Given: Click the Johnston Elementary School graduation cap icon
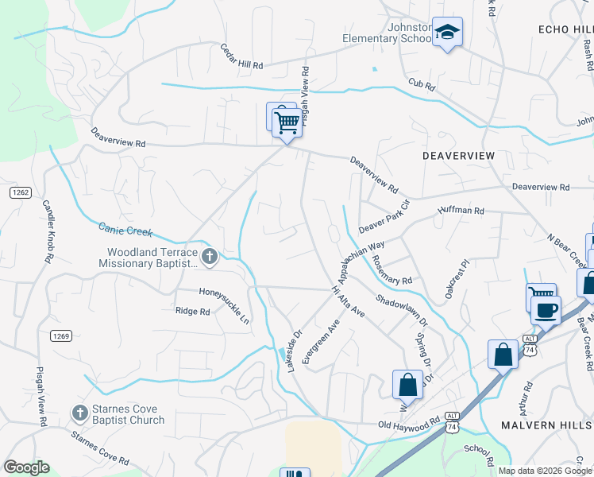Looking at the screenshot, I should click(447, 33).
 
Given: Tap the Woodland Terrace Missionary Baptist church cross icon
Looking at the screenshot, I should click(210, 256).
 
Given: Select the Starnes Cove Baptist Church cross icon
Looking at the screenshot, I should click(79, 413).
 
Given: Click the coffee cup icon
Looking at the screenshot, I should click(545, 309).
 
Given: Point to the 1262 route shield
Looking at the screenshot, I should click(21, 192).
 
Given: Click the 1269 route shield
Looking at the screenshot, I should click(61, 336).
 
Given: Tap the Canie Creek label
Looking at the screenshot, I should click(125, 230).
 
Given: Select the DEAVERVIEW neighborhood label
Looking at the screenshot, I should click(458, 155).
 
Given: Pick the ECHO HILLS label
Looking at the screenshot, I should click(565, 29).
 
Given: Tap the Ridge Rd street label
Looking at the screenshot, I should click(193, 312).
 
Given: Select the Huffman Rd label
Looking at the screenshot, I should click(461, 211).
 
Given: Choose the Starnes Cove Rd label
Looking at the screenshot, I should click(99, 449).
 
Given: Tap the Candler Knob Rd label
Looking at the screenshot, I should click(48, 231).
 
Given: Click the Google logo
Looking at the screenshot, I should click(26, 467).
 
